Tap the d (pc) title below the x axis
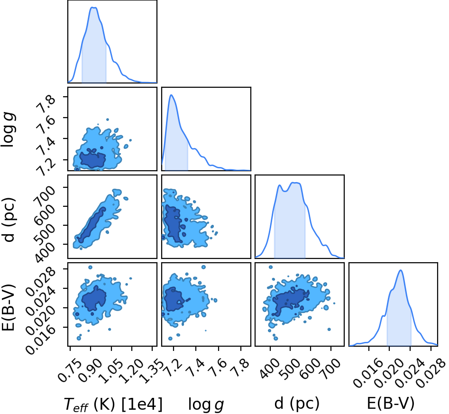[297, 404]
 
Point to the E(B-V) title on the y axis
[8, 307]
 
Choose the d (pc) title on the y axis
[9, 220]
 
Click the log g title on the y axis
[9, 129]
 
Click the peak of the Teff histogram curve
[93, 7]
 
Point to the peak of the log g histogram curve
[171, 95]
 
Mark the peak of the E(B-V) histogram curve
[401, 270]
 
